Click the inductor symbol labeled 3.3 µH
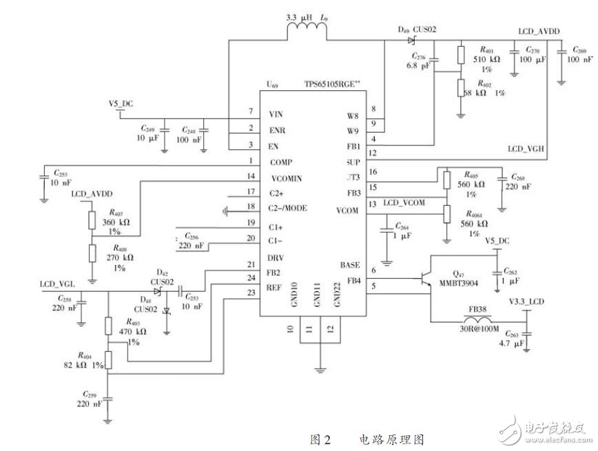coord(302,29)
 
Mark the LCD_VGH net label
coord(527,149)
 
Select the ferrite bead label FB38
coord(480,310)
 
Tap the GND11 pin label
coord(318,294)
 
